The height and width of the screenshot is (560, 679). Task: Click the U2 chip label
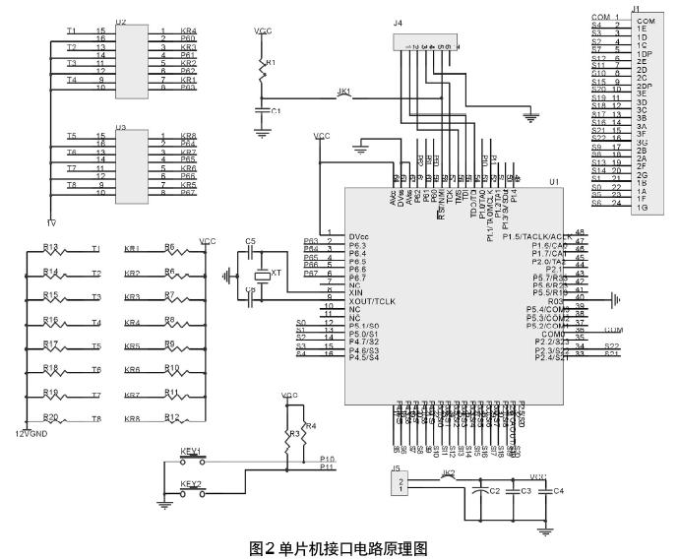[121, 21]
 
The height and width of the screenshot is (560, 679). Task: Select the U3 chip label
[121, 127]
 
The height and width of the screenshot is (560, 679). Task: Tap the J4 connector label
[398, 22]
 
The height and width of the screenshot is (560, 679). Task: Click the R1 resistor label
[273, 62]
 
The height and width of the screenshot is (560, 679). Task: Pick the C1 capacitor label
[276, 110]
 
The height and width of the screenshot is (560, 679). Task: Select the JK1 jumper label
[344, 92]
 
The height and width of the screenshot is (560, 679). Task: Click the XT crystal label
[276, 272]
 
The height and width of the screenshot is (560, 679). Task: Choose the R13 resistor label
[51, 247]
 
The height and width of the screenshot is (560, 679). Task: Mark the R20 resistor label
[51, 417]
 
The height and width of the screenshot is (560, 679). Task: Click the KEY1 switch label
[190, 451]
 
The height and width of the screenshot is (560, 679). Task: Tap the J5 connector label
[397, 468]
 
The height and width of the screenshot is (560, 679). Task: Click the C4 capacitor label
[559, 490]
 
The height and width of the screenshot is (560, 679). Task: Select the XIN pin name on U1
[356, 293]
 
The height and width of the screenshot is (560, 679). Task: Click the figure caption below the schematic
[339, 548]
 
